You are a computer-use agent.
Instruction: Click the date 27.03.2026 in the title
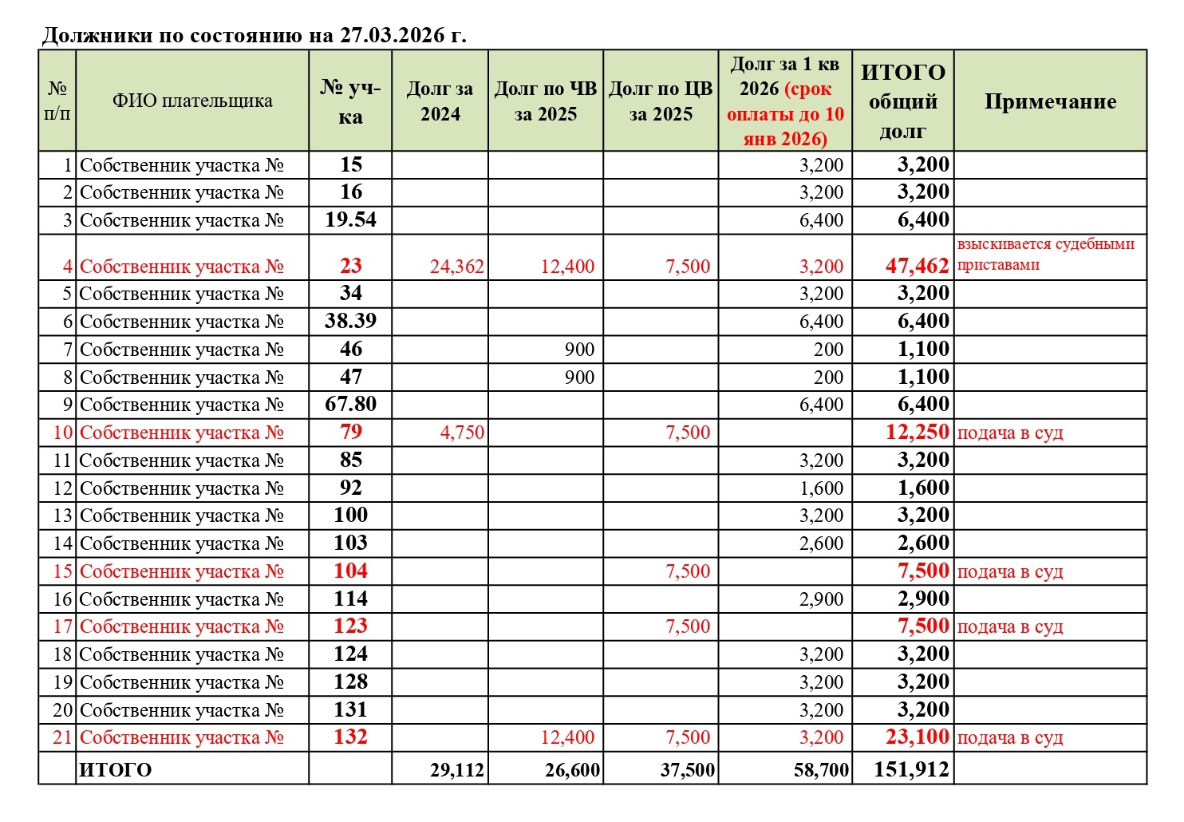coord(391,36)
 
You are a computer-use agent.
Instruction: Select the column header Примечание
coord(1050,101)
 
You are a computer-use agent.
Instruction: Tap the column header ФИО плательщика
coord(192,101)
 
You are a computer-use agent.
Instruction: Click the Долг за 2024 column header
coord(440,101)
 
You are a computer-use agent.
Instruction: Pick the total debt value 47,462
coord(917,266)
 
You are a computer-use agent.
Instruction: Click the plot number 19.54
coord(350,219)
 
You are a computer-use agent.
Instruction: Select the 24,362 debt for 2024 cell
coord(456,267)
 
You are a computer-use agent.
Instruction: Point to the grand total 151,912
coord(911,769)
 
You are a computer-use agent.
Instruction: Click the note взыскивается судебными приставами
coord(1045,255)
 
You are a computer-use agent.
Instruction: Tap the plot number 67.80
coord(350,405)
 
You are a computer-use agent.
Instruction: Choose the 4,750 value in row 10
coord(462,433)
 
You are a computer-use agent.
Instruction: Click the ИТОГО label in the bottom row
coord(116,770)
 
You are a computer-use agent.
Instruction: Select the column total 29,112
coord(456,770)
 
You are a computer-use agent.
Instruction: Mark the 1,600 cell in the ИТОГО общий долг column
coord(923,488)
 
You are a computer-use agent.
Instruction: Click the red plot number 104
coord(350,571)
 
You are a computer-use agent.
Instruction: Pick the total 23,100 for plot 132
coord(917,737)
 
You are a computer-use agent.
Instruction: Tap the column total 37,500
coord(687,770)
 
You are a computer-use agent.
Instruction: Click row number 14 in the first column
coord(62,543)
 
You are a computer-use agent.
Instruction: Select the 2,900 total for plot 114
coord(923,599)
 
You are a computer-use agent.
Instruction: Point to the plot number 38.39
coord(350,321)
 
